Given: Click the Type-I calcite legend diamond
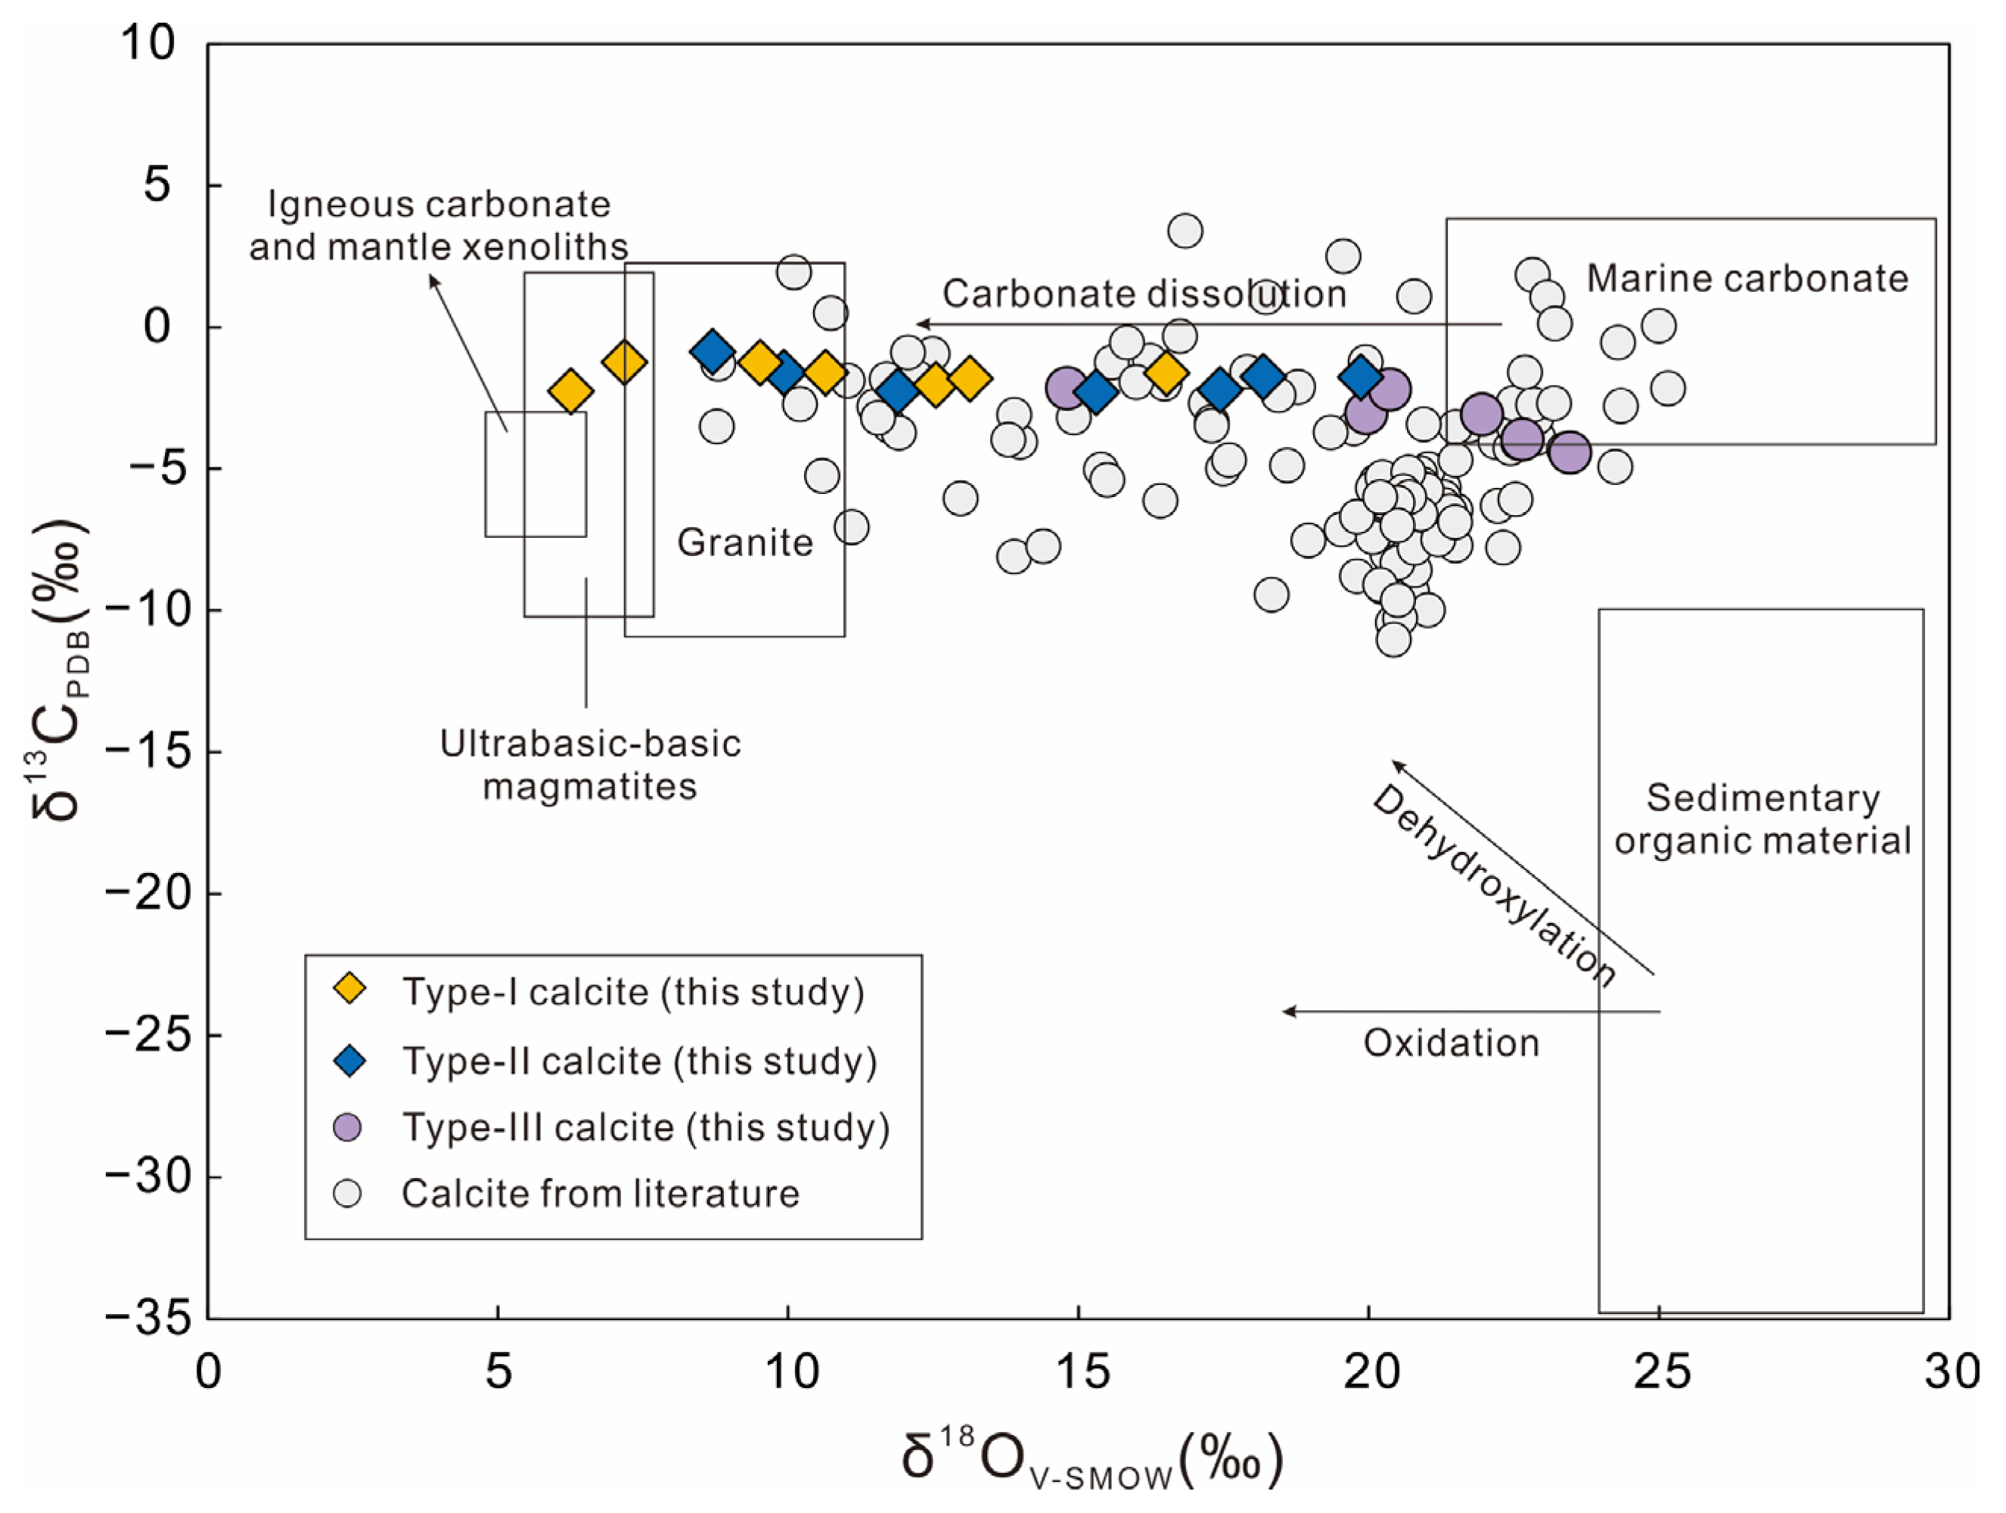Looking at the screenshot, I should (349, 989).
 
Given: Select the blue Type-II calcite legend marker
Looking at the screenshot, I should (349, 1059).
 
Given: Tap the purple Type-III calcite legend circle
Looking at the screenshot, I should (348, 1126).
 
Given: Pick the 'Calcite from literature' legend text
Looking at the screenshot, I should (601, 1194).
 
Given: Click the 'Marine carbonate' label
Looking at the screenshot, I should (1747, 278).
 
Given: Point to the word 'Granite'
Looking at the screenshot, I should (744, 542).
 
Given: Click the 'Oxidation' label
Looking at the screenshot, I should (1451, 1043).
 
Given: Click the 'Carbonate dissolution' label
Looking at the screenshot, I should (1144, 294).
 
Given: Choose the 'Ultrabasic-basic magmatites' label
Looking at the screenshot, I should (590, 765).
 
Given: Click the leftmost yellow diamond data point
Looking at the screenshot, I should (570, 392).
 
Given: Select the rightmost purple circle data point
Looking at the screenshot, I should (1569, 452).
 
